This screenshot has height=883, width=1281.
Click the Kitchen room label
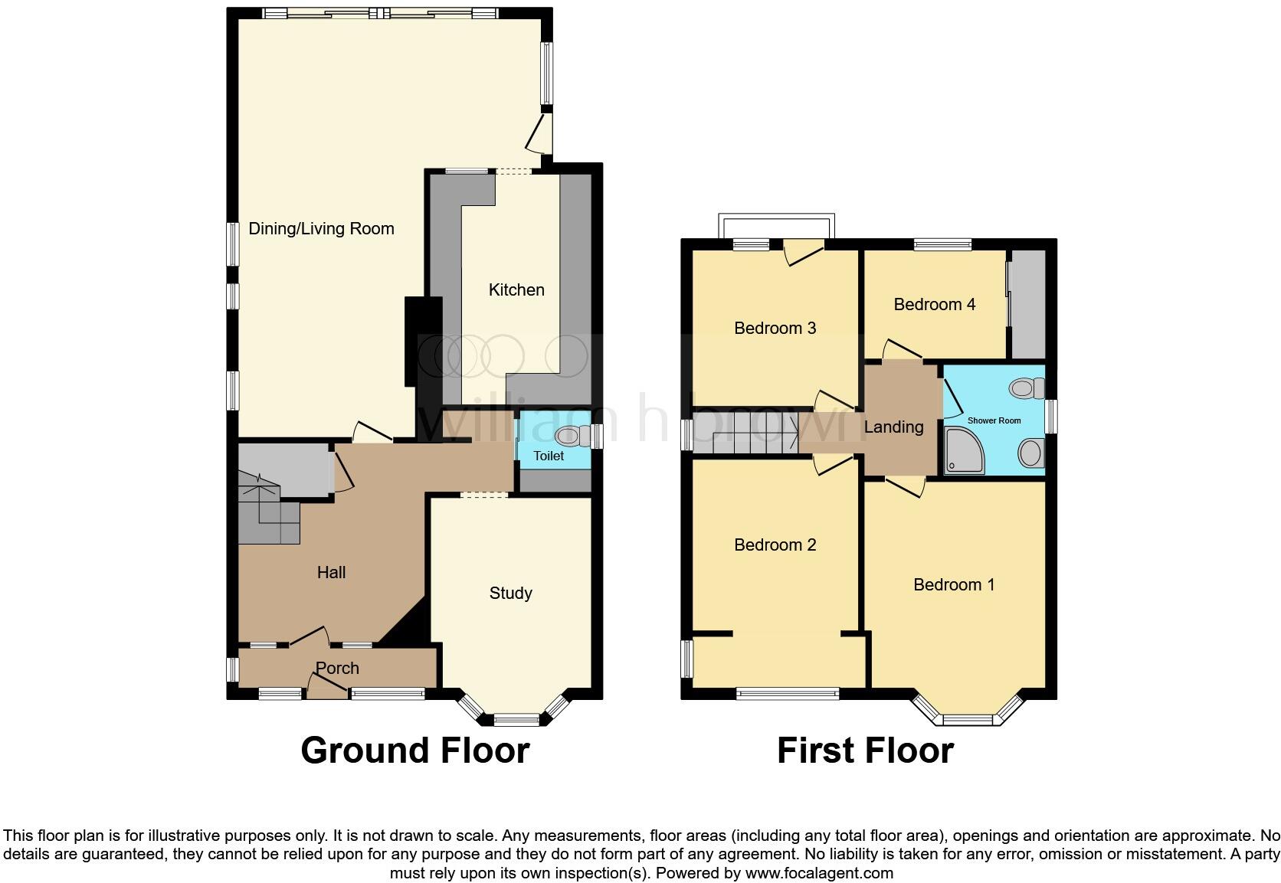[x=516, y=289]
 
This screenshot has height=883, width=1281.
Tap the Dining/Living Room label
[x=321, y=228]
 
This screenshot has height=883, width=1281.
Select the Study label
[x=510, y=593]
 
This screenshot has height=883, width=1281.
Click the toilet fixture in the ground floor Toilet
[x=571, y=436]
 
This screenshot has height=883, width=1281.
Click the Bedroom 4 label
[x=934, y=304]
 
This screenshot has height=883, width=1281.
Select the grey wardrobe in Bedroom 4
[x=1028, y=304]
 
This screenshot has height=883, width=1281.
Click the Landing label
[x=893, y=427]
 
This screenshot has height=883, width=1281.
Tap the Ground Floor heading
[x=414, y=751]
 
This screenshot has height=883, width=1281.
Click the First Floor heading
[x=865, y=751]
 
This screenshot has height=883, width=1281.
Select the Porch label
[x=337, y=668]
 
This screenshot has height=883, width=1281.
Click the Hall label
[x=331, y=572]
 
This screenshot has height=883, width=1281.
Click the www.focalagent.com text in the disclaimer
[x=819, y=872]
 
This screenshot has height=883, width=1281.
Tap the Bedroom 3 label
[x=775, y=328]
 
